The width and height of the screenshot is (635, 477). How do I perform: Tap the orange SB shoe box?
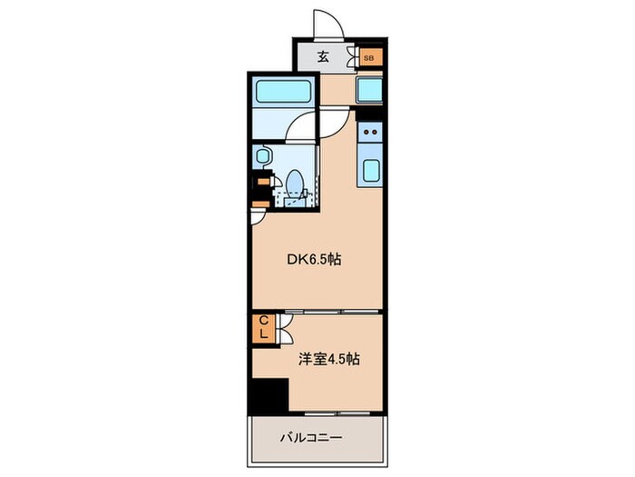pos(369,58)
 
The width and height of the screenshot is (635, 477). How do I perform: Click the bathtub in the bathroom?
pos(284,91)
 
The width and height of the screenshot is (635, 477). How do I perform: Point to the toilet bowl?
pos(293,183)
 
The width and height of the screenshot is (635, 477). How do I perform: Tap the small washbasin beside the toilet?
pos(263,156)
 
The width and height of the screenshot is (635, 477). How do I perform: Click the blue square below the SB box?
pos(370,90)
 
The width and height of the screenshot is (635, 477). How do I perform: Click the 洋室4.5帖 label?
pos(328,359)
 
